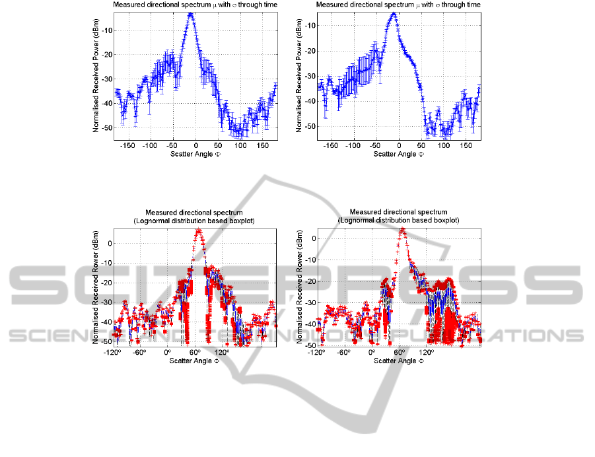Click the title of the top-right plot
coord(398,5)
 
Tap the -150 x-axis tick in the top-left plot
coord(128,145)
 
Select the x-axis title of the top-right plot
coord(398,153)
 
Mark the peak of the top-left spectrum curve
coord(191,13)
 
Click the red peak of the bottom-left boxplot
coord(199,231)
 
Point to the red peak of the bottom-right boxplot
coord(402,230)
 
